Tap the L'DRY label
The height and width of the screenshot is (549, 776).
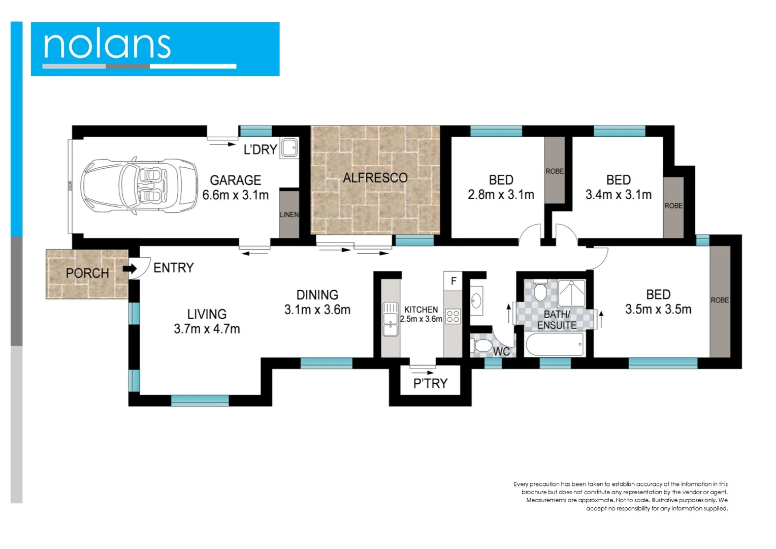260,149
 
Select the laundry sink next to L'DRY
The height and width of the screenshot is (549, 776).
289,148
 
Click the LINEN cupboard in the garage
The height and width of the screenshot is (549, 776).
289,214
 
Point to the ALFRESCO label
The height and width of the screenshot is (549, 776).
375,178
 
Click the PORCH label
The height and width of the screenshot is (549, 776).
87,273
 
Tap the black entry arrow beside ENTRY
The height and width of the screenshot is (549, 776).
130,268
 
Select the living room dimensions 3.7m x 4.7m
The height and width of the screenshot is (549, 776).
207,329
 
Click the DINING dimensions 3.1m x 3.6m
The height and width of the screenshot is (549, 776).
317,310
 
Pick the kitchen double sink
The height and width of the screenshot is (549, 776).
391,319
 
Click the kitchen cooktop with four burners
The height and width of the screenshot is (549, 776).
453,317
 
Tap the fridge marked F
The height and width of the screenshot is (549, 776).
454,281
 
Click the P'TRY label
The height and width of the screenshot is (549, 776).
430,383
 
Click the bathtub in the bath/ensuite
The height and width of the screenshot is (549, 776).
555,345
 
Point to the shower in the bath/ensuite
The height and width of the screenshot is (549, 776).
572,293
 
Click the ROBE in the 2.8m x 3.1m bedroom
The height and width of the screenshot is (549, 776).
555,170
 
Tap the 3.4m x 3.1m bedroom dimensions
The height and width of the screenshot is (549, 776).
618,195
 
